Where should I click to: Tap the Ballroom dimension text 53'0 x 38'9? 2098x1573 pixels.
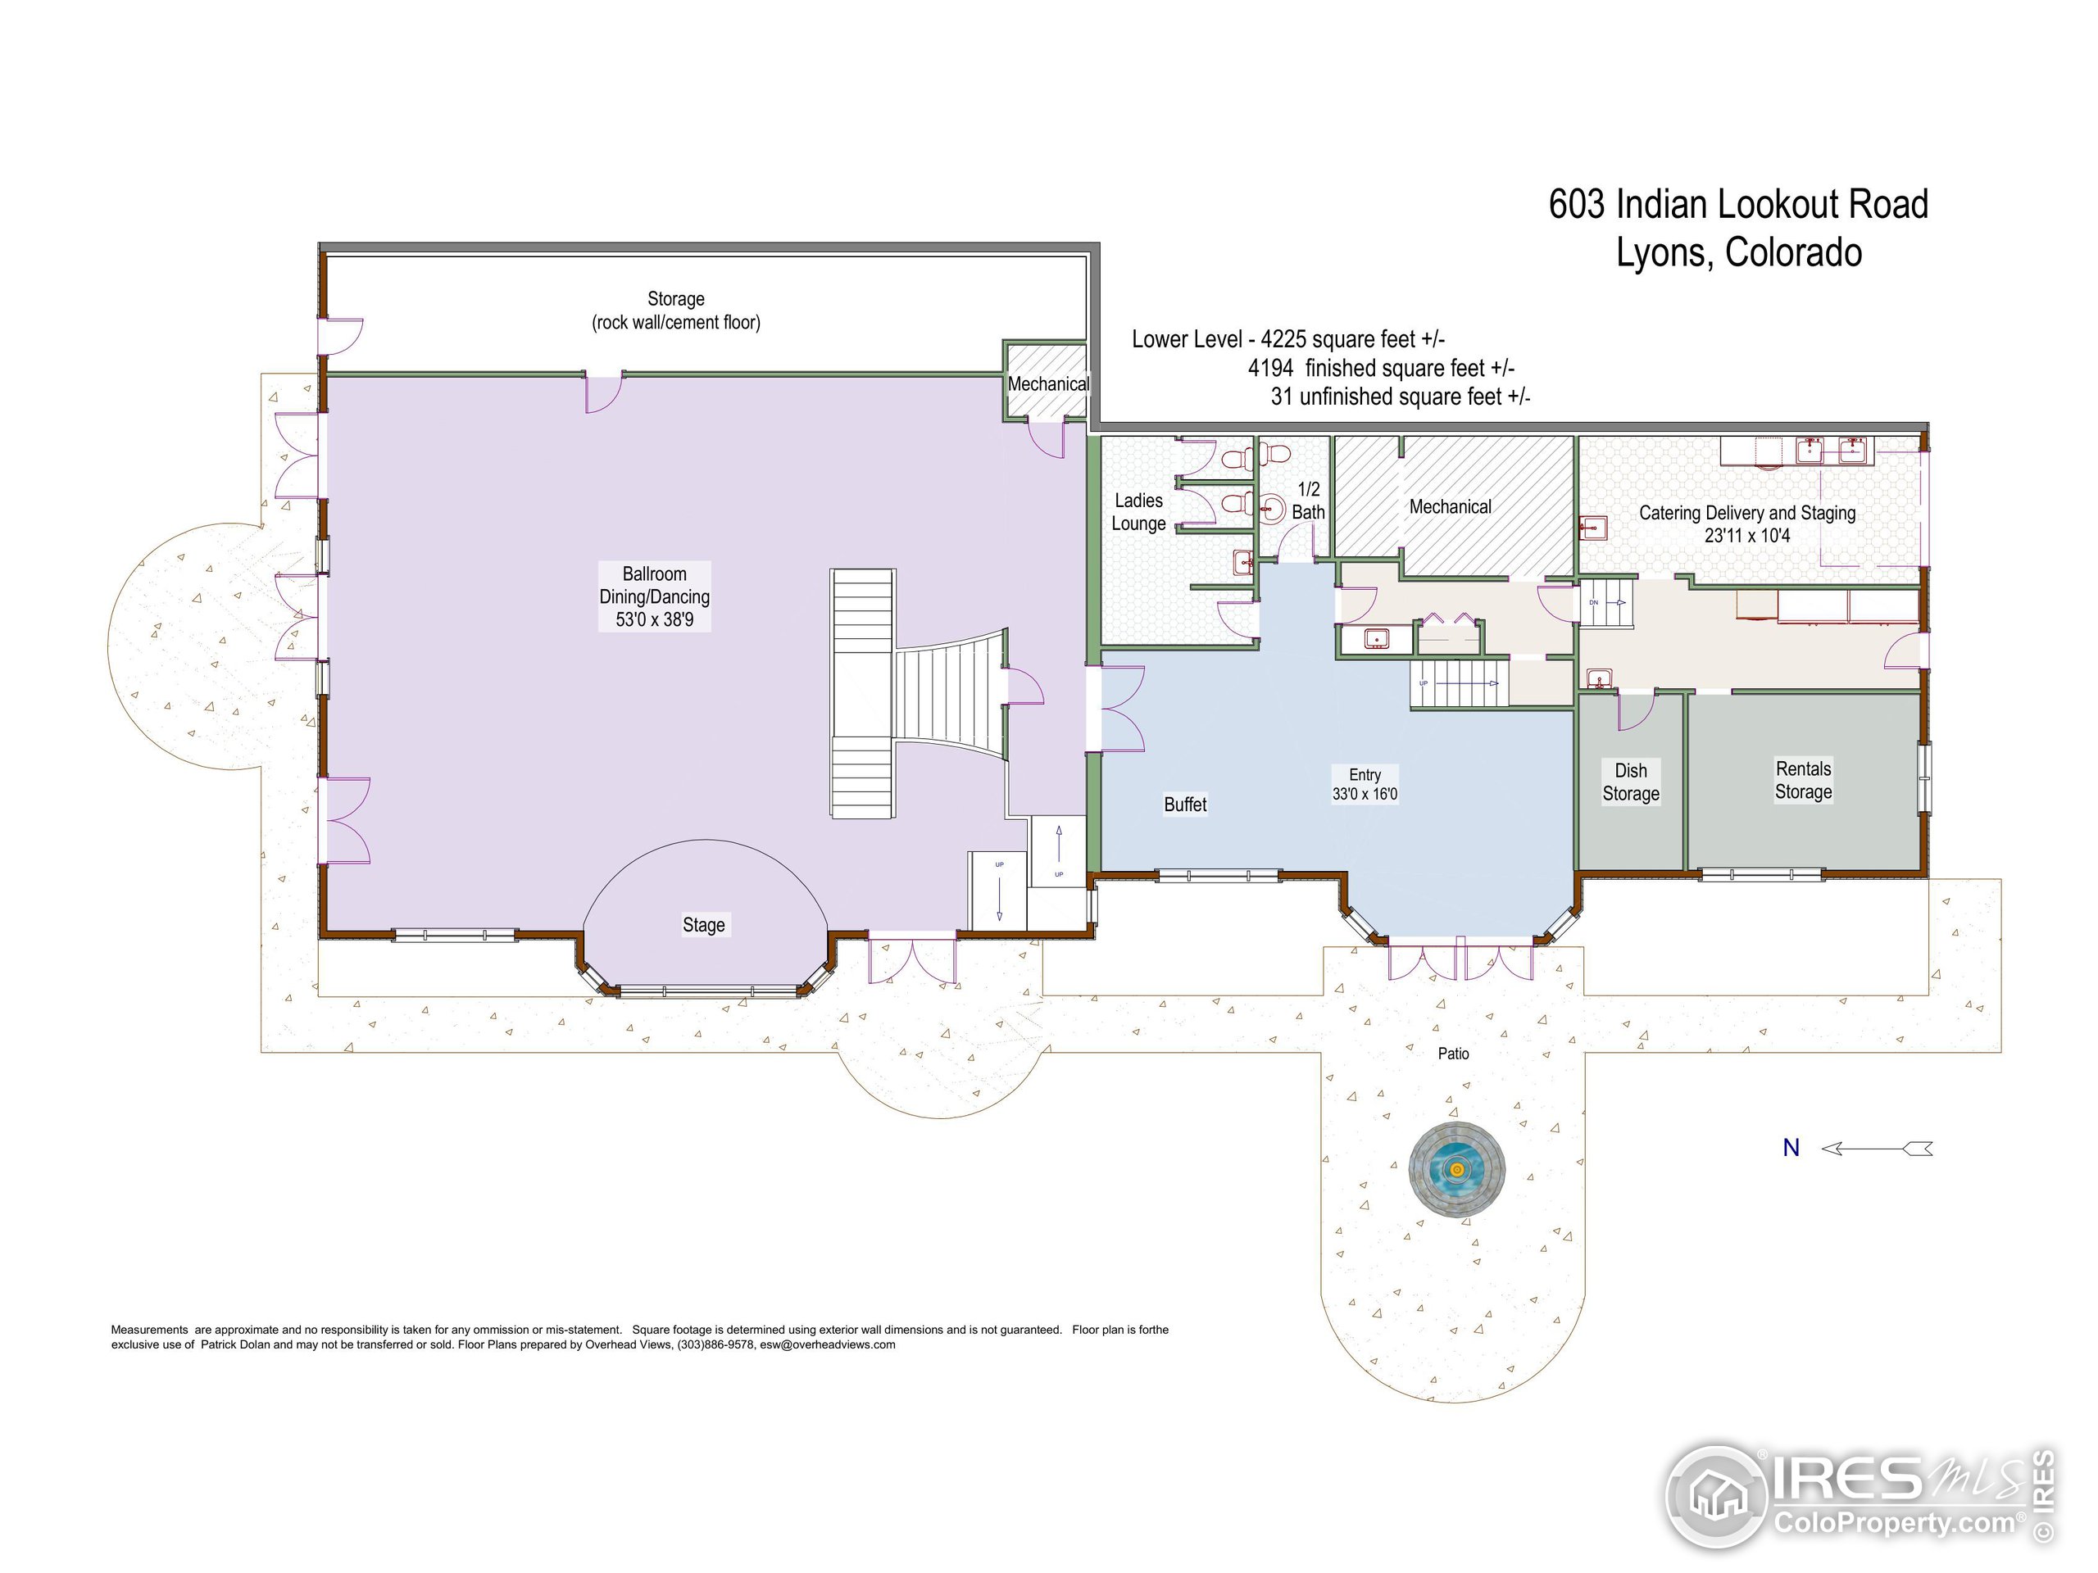[655, 620]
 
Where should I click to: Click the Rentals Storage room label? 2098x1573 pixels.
[1803, 780]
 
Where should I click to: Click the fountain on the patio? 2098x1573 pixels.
[1457, 1168]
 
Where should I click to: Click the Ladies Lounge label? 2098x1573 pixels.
[1138, 512]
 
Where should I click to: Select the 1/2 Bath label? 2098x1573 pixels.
[1308, 501]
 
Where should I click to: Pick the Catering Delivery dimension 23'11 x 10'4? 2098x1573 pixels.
[1747, 536]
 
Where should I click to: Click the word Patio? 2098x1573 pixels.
[1453, 1054]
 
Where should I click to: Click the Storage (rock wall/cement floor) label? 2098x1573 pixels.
[676, 311]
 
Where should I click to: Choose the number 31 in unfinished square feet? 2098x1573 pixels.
[1282, 397]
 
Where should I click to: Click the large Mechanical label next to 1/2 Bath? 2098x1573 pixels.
[1451, 507]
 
